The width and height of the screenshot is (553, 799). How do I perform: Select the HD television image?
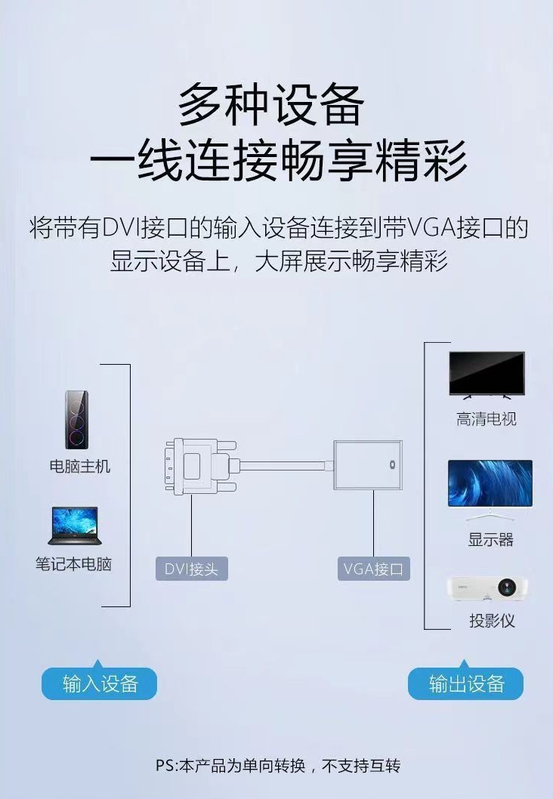tap(487, 375)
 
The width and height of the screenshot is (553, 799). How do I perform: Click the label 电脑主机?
tap(80, 467)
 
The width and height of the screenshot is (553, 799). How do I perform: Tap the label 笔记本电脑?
tap(73, 564)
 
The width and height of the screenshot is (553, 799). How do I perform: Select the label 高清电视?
tap(487, 419)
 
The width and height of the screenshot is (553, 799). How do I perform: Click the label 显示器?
tap(490, 539)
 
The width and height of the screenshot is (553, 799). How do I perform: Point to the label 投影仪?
tap(492, 621)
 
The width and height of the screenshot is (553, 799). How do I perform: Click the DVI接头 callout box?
tap(191, 569)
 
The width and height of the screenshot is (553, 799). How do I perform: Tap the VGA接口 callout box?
tap(373, 569)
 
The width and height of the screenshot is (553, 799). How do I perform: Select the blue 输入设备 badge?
tap(100, 684)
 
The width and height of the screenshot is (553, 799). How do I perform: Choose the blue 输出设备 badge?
tap(466, 684)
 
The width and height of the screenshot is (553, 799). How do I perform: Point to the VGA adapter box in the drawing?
tap(367, 464)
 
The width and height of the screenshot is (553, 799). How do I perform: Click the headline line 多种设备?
tap(271, 105)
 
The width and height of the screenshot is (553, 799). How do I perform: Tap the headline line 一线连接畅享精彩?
tap(278, 160)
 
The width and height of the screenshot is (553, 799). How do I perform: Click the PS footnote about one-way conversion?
tap(277, 766)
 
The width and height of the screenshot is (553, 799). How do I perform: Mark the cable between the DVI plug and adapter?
tap(287, 465)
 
